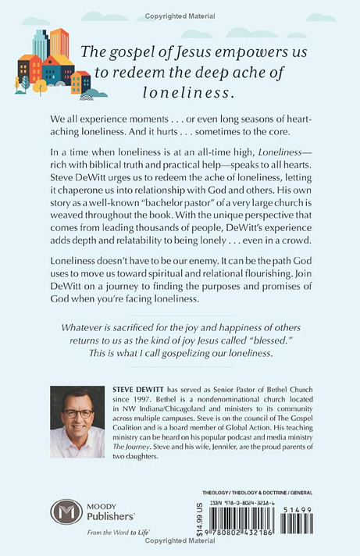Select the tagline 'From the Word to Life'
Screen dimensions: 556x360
87,543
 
